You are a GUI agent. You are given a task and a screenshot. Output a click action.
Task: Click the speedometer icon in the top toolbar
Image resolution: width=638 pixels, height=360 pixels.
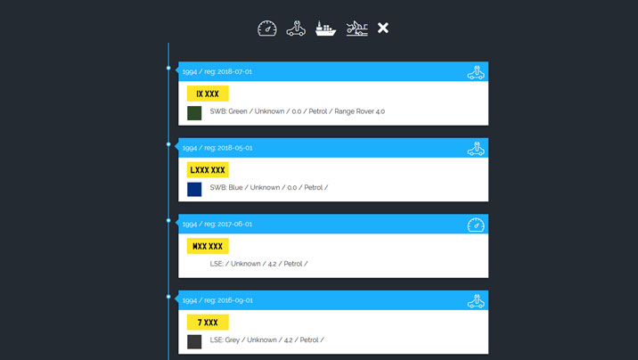(267, 29)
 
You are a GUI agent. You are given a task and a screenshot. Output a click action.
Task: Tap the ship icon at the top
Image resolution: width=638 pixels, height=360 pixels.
(326, 29)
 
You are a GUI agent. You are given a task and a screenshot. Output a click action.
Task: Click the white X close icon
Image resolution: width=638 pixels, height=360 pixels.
(383, 29)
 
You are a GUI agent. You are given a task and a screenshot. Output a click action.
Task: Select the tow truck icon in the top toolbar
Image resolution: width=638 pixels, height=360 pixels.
(356, 29)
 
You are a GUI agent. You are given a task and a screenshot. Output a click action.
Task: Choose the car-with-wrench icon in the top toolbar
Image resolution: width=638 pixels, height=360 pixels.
(296, 29)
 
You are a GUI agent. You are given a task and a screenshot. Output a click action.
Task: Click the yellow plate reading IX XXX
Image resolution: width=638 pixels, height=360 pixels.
(208, 94)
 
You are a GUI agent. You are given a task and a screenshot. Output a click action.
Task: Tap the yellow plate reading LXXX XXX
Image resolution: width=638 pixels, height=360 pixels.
(208, 169)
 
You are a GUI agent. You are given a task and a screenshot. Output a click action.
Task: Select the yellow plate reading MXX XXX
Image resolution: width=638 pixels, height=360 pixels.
(208, 246)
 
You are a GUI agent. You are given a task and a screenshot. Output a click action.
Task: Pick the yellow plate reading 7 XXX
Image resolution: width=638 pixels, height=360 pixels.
(208, 322)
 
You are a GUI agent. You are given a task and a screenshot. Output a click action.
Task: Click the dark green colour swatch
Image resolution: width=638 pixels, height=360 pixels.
(194, 113)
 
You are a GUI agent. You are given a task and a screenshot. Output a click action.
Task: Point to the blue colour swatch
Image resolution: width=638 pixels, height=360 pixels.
(194, 189)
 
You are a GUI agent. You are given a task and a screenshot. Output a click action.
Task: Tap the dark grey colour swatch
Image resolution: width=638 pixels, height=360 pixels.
(194, 341)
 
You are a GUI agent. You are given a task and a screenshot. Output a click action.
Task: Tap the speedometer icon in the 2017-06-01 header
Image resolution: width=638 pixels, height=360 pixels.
(476, 225)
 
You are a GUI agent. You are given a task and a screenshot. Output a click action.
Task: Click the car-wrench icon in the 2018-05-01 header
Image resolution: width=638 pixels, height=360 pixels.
(476, 148)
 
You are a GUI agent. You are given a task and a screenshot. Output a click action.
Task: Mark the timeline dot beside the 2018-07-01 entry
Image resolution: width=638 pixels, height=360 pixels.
(168, 68)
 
